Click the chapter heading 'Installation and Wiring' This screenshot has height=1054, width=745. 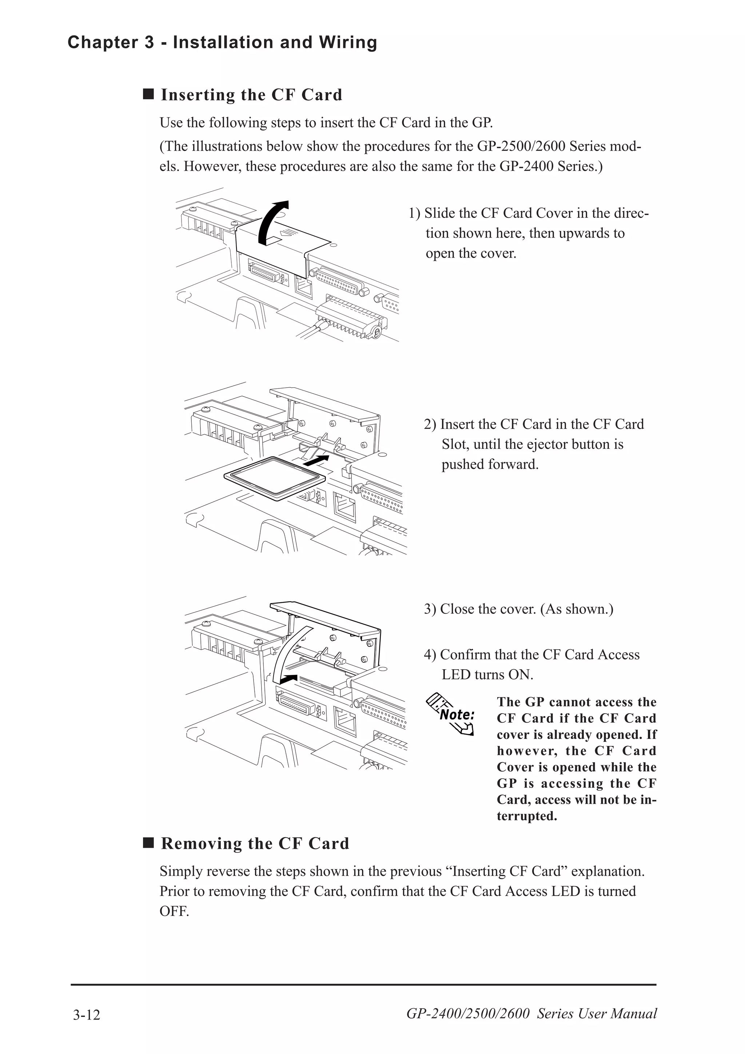click(275, 42)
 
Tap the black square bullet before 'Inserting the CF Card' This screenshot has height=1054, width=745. click(148, 94)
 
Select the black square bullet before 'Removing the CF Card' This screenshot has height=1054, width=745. click(148, 843)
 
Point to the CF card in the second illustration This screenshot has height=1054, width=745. click(275, 478)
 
